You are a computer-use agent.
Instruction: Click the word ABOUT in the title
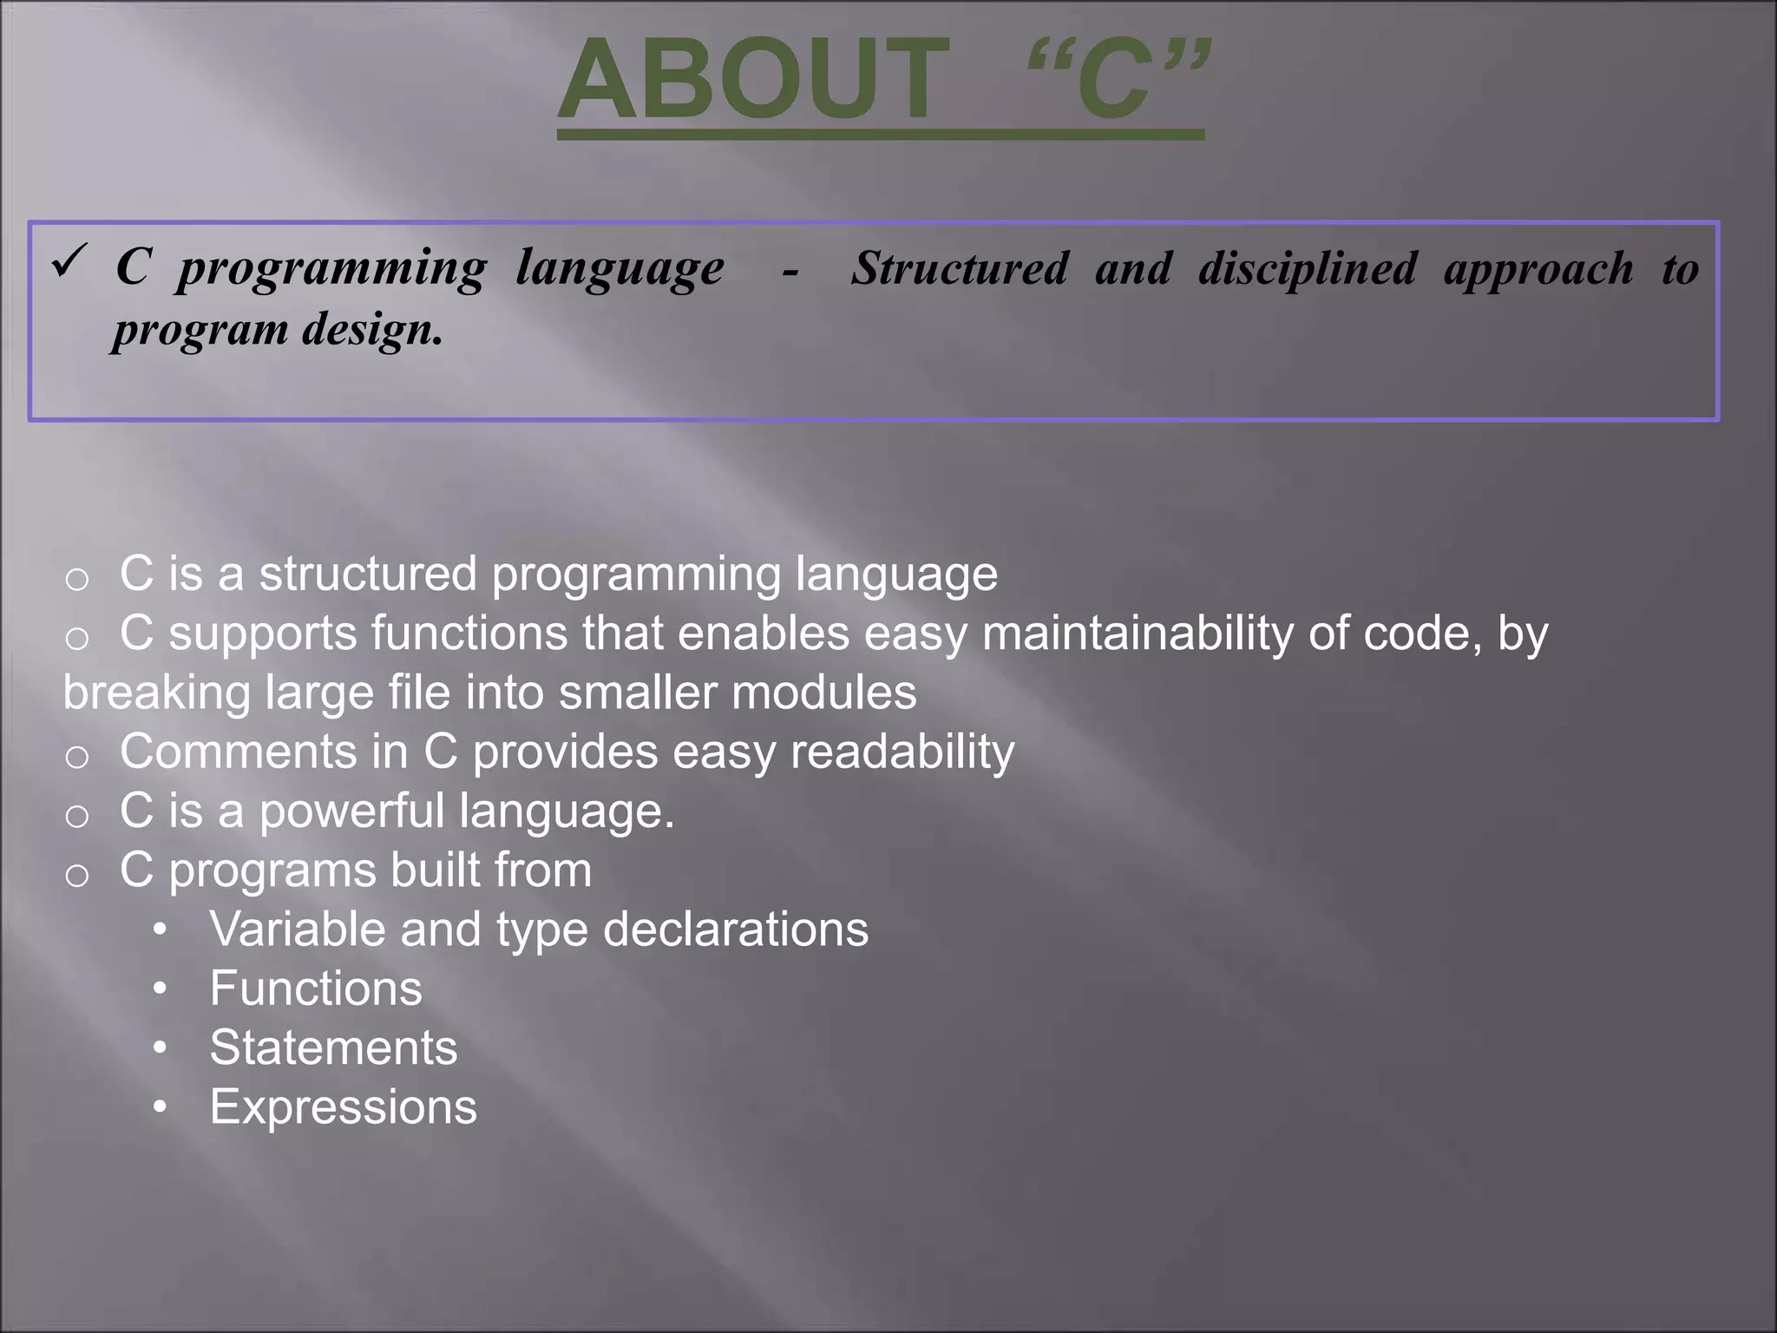coord(752,80)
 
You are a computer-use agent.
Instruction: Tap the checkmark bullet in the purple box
coord(69,260)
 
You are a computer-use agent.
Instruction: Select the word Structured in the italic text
coord(959,267)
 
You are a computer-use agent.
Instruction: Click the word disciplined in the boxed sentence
coord(1308,269)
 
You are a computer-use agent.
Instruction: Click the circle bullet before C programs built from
coord(77,875)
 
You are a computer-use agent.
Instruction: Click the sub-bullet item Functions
coord(315,988)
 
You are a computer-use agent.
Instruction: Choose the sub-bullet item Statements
coord(332,1047)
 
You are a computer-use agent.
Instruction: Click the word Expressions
coord(343,1107)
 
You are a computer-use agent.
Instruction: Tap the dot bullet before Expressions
coord(160,1107)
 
